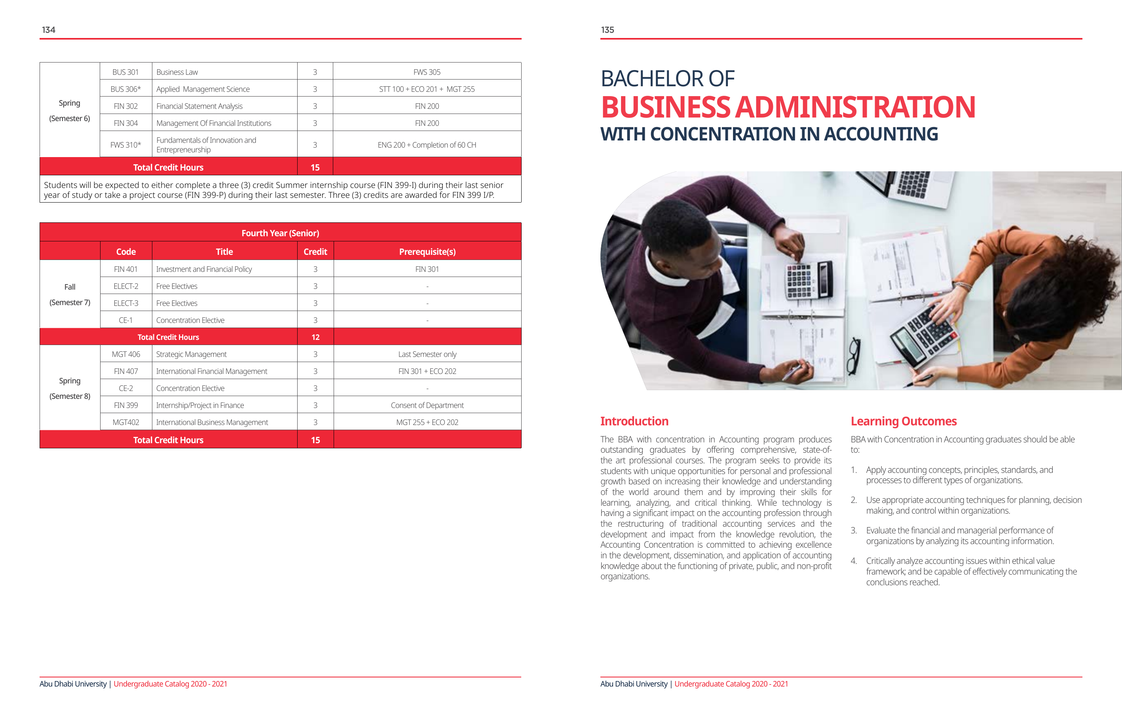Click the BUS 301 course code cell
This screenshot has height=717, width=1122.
(125, 72)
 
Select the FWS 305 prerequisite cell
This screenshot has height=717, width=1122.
(427, 72)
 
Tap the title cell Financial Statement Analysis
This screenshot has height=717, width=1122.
(199, 106)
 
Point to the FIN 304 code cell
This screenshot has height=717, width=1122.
(126, 123)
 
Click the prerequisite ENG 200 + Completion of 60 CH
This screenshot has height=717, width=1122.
(427, 145)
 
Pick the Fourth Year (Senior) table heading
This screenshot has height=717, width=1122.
(280, 233)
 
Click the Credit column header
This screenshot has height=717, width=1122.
(315, 252)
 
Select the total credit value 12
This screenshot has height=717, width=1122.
(315, 337)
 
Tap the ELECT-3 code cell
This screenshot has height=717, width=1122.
(126, 303)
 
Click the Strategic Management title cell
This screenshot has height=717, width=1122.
(192, 354)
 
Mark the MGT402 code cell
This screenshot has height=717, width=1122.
(126, 422)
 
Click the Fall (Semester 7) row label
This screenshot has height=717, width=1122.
(70, 294)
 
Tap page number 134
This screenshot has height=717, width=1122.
(48, 30)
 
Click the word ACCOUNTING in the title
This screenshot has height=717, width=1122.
(881, 134)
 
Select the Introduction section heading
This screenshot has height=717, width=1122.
(634, 421)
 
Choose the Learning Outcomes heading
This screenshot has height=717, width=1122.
(904, 421)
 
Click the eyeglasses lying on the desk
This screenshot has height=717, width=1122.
(853, 356)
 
